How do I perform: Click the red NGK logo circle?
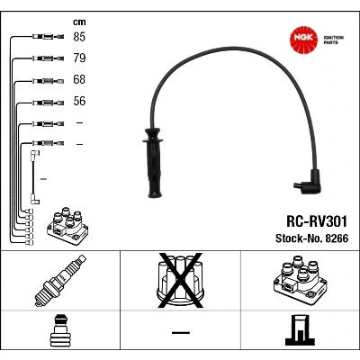(x=303, y=40)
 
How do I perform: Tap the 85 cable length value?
(x=79, y=37)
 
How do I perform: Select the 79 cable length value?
(x=79, y=58)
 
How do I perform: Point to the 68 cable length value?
(x=79, y=79)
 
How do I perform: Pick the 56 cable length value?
(x=79, y=101)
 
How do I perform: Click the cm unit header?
(x=79, y=22)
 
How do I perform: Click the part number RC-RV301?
(x=317, y=221)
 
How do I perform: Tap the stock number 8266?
(x=337, y=238)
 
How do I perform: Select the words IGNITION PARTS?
(x=333, y=40)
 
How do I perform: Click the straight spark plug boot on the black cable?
(x=154, y=163)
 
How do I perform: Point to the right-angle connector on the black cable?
(x=309, y=183)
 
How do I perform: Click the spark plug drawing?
(x=60, y=281)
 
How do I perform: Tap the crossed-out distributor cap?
(x=181, y=281)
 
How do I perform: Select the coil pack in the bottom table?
(x=300, y=281)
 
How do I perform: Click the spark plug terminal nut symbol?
(x=60, y=330)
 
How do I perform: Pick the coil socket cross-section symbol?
(x=300, y=330)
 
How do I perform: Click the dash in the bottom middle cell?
(x=181, y=332)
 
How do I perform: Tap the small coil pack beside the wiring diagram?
(x=67, y=226)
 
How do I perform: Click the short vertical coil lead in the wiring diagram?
(x=33, y=177)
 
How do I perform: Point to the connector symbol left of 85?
(x=48, y=37)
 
